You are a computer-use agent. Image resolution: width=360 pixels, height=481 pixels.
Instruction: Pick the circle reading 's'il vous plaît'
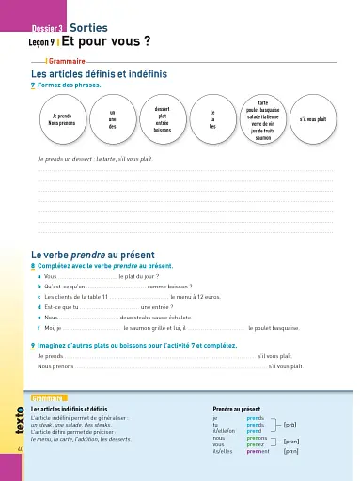pos(314,119)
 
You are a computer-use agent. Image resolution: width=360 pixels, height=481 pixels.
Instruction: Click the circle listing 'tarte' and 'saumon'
pos(262,119)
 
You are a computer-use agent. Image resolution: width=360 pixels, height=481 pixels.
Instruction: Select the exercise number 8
pos(34,267)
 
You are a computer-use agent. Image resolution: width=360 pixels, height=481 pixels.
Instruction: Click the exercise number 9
pos(34,345)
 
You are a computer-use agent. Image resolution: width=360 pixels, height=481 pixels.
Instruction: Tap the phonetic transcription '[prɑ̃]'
pos(291,441)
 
